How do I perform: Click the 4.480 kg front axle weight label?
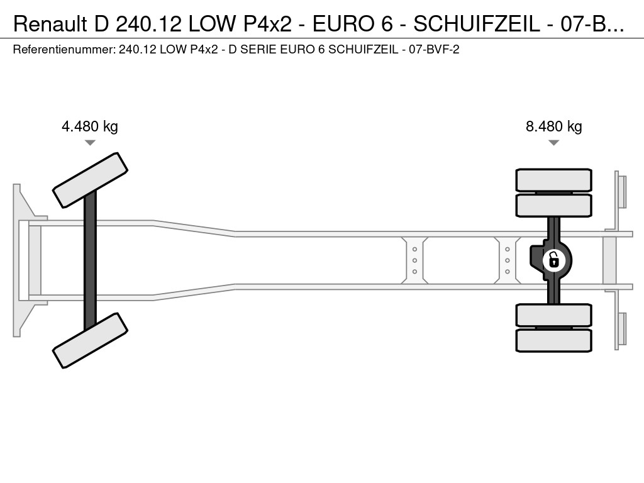click(89, 126)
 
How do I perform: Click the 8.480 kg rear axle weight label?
click(553, 126)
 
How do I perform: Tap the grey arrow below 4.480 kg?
click(90, 143)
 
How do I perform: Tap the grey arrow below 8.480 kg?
click(553, 143)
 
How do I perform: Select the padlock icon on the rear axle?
click(553, 260)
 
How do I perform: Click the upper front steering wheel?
click(91, 180)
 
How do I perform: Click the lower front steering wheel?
click(91, 340)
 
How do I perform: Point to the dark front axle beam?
click(91, 260)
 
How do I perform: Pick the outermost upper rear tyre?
click(553, 180)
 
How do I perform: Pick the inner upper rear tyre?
click(553, 206)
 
